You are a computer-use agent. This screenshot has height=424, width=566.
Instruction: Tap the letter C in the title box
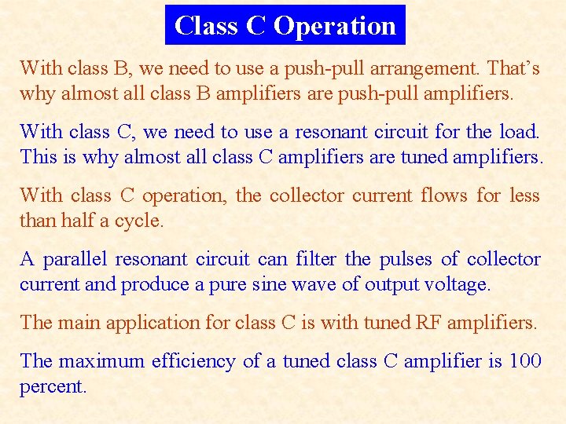[x=255, y=26]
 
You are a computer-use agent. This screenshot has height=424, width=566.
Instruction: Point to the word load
[x=519, y=131]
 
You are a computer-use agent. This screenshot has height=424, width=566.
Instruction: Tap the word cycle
[x=139, y=221]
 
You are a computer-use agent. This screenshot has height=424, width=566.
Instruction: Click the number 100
[x=524, y=361]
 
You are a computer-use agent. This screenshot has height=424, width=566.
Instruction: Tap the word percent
[x=51, y=387]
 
